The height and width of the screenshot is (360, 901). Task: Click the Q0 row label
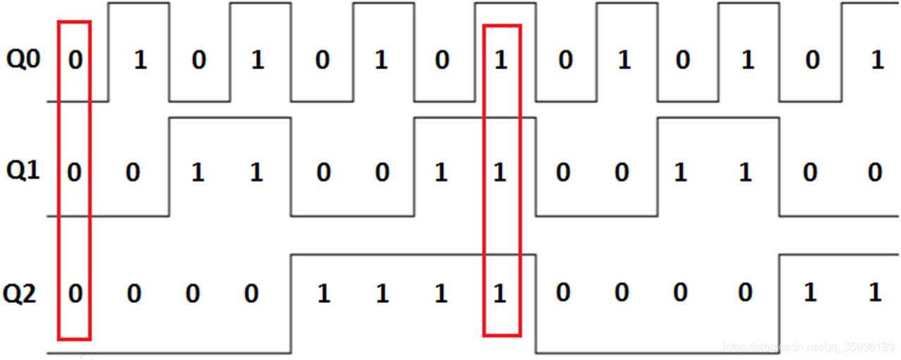24,59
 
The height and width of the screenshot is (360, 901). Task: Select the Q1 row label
24,172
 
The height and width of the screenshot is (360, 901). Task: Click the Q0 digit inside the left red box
75,61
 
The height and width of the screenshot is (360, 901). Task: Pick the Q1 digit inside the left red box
75,173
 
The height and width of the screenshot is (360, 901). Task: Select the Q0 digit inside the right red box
501,61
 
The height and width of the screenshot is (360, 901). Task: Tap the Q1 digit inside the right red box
500,173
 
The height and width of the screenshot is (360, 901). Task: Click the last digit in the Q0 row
877,61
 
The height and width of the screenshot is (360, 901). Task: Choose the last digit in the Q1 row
876,173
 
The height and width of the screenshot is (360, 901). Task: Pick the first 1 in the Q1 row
198,173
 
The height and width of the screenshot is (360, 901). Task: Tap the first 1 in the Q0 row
140,61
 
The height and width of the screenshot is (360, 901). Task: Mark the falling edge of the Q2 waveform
536,304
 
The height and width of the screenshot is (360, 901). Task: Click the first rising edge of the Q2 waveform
291,304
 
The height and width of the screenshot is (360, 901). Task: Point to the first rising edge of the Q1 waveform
169,167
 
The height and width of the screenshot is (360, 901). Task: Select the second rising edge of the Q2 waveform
780,304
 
